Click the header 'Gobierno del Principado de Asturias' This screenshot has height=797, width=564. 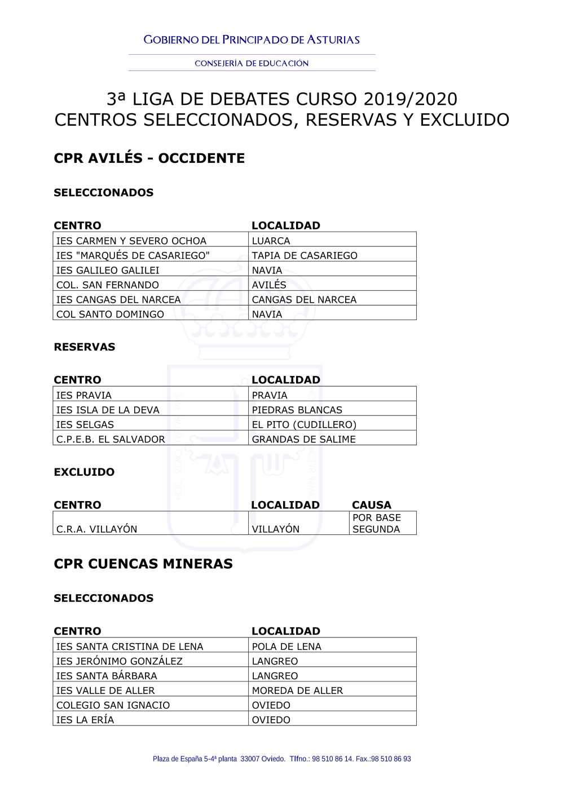(x=252, y=40)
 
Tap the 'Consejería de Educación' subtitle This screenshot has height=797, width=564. (x=252, y=64)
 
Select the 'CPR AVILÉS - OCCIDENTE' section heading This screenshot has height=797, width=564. (x=149, y=158)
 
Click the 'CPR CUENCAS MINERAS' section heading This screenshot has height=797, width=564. (x=143, y=564)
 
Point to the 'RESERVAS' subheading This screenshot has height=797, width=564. (x=84, y=347)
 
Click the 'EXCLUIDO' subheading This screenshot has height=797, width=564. (x=84, y=472)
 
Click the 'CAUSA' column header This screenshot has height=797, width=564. (x=371, y=505)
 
